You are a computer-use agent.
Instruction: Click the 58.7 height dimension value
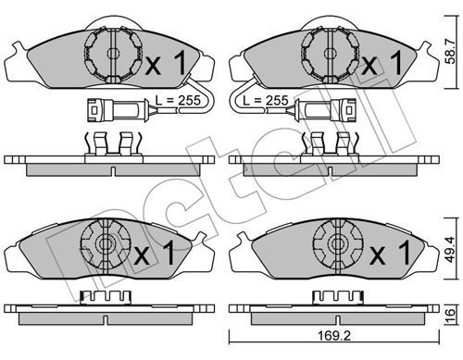tap(451, 51)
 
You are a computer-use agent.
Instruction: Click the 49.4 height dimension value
tap(451, 249)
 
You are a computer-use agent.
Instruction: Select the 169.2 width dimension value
tap(334, 336)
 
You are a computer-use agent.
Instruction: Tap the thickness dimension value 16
tap(451, 313)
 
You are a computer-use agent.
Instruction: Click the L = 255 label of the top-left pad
tap(178, 100)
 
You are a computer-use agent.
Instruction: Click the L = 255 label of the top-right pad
tap(266, 100)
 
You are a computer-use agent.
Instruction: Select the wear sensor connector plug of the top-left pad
tap(118, 110)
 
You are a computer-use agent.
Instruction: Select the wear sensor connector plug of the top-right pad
tap(326, 110)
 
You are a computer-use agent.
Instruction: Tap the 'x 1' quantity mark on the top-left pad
tap(166, 63)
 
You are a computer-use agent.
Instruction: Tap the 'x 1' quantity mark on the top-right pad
tap(382, 63)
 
